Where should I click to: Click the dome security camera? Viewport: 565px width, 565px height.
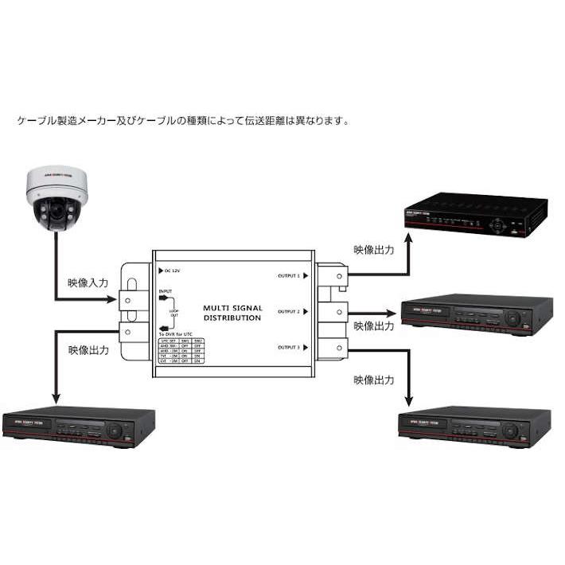click(x=55, y=196)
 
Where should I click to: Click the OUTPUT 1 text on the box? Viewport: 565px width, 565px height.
click(x=288, y=275)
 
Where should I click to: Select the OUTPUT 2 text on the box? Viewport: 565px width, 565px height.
click(x=288, y=311)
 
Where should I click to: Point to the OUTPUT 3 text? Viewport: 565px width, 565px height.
click(x=288, y=348)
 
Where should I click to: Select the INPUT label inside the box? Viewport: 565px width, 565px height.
click(x=166, y=292)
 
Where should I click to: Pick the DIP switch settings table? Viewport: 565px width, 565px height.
click(x=181, y=351)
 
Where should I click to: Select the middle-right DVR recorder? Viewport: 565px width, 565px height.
click(x=477, y=314)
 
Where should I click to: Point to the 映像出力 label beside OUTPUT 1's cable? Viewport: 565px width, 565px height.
click(x=374, y=250)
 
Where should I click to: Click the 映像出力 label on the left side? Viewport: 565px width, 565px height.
click(x=88, y=350)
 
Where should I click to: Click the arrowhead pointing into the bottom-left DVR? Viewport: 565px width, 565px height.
click(x=56, y=399)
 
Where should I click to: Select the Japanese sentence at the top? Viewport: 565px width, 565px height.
click(x=183, y=121)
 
